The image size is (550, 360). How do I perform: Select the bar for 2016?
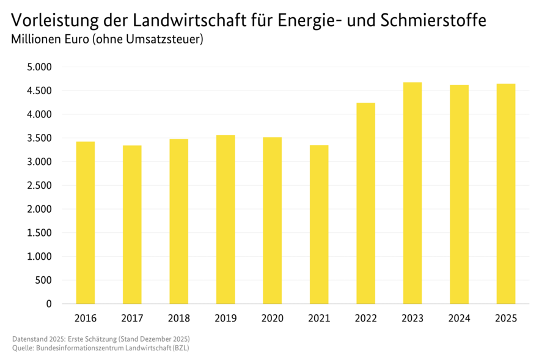(x=85, y=222)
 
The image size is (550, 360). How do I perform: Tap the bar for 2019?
(x=226, y=219)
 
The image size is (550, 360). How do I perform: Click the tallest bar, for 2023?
(x=413, y=193)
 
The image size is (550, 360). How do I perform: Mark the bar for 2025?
(x=506, y=194)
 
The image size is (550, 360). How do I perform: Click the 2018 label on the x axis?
(x=178, y=318)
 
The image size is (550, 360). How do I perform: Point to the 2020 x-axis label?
(x=272, y=318)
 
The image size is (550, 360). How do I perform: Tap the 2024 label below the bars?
(x=459, y=318)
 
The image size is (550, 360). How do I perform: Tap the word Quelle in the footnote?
(x=23, y=348)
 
